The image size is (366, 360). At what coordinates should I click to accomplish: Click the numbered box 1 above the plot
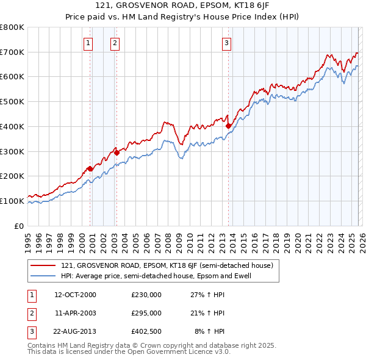coord(89,43)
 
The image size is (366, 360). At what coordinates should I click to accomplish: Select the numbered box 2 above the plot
coord(115,43)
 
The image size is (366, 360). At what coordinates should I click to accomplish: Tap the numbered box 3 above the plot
coord(226,43)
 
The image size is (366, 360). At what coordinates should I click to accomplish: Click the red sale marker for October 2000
coord(90,168)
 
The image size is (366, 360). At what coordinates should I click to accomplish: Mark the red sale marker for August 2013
coord(229,126)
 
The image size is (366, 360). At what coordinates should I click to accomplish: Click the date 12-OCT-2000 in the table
coord(75,294)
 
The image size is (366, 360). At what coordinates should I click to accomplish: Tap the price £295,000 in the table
coord(146,312)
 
